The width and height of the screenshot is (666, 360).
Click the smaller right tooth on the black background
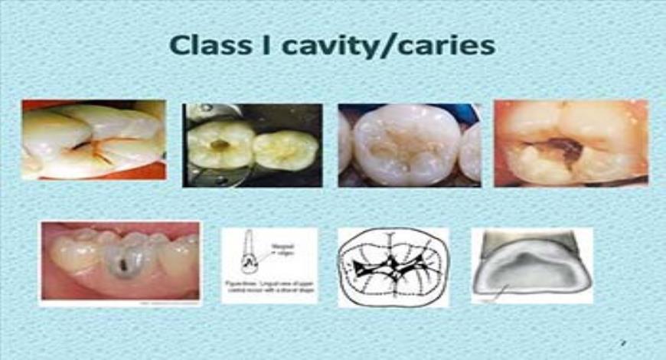coord(285,149)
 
